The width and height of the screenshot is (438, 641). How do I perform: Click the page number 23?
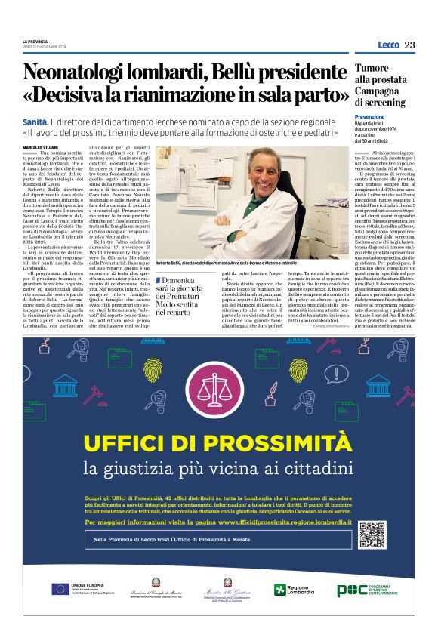click(409, 45)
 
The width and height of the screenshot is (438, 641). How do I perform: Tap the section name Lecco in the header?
click(387, 45)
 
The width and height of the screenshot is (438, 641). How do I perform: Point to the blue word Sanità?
click(35, 121)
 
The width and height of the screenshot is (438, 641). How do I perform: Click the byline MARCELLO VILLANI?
click(39, 146)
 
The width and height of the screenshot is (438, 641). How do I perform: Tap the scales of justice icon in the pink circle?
click(218, 385)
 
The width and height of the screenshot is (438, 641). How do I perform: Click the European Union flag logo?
click(60, 589)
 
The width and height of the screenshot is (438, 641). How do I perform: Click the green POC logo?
click(352, 590)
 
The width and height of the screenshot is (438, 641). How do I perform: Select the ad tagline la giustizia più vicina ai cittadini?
click(218, 468)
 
